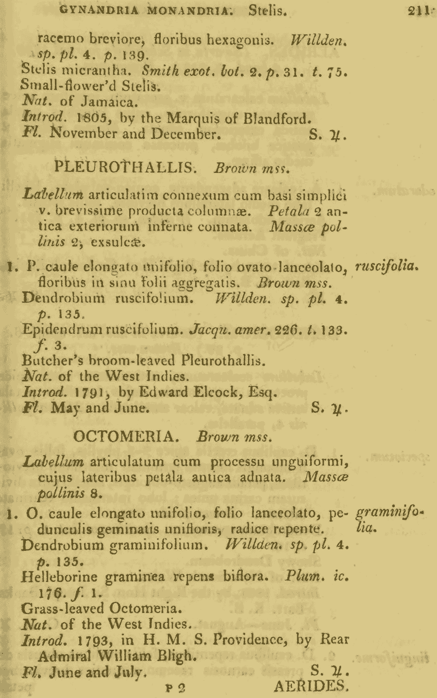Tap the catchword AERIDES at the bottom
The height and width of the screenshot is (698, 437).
pyautogui.click(x=311, y=686)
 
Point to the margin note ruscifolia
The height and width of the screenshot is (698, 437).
pyautogui.click(x=387, y=266)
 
